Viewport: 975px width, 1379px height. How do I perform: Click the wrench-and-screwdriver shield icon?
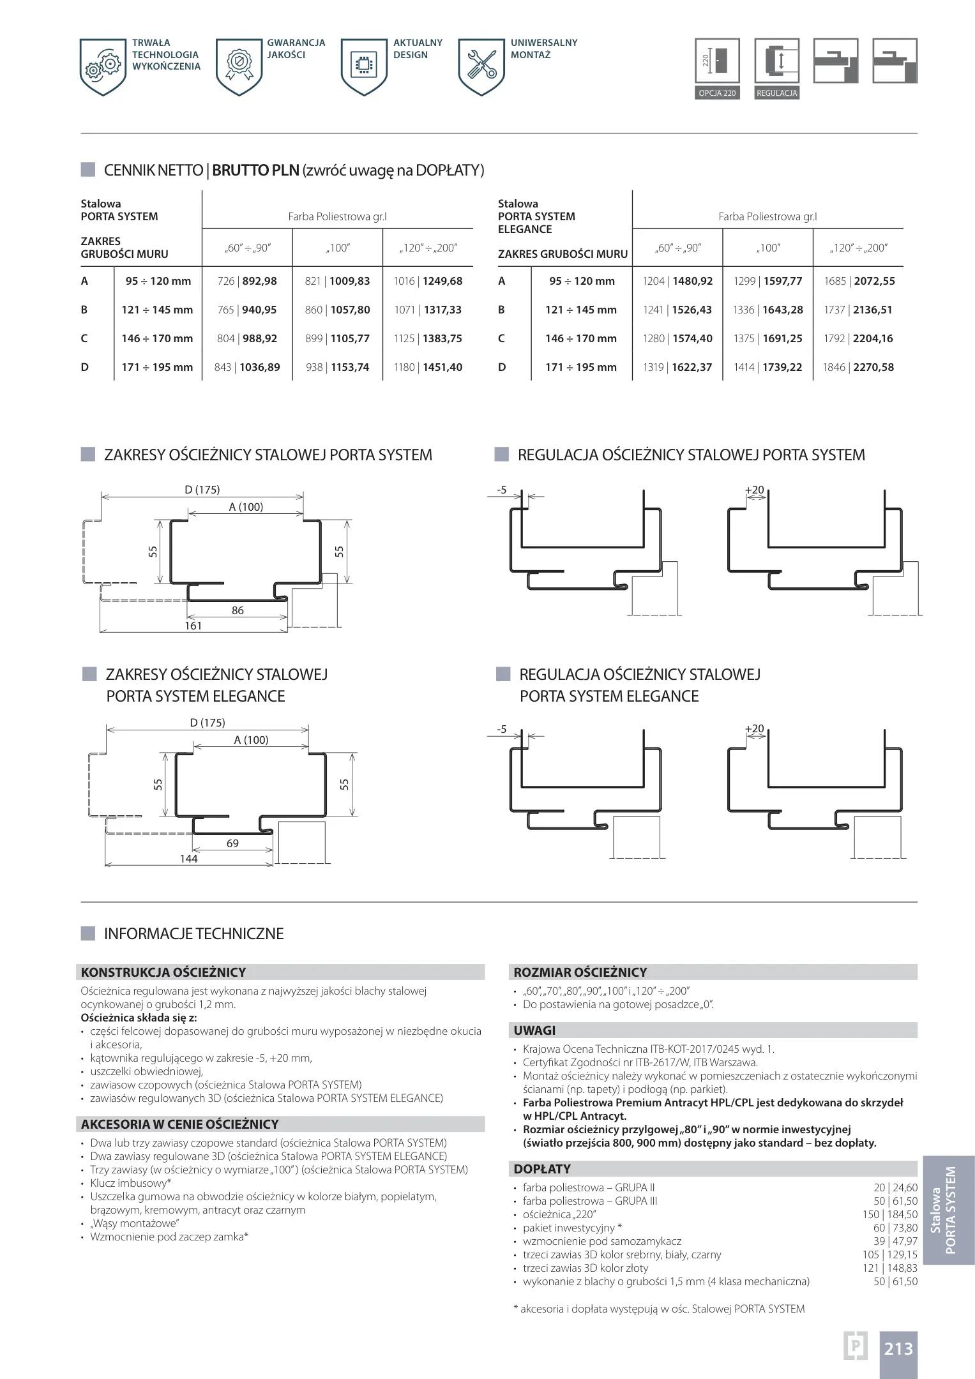click(x=481, y=66)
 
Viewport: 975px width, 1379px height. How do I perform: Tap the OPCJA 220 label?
click(x=717, y=93)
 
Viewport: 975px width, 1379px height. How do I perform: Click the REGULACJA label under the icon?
click(x=776, y=93)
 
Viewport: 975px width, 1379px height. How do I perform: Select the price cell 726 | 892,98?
click(x=247, y=281)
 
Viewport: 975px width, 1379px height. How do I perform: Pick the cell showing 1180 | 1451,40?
click(x=428, y=367)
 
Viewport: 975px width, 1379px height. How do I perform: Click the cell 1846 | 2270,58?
click(x=858, y=367)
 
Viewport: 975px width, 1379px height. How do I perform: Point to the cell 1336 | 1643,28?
click(x=767, y=310)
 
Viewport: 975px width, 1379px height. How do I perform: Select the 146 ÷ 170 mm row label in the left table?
click(x=157, y=338)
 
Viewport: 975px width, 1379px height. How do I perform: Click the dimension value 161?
click(x=193, y=626)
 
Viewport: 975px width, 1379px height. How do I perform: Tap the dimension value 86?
click(x=238, y=610)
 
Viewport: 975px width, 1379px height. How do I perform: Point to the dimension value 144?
click(x=188, y=859)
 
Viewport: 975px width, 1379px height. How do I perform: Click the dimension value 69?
click(x=232, y=843)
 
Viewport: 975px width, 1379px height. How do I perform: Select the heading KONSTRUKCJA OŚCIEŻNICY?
click(x=163, y=972)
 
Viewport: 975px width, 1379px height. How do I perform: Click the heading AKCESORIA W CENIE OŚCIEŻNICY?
click(x=180, y=1124)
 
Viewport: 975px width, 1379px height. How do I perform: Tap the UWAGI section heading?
click(x=534, y=1030)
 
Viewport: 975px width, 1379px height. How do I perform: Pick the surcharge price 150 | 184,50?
click(x=889, y=1214)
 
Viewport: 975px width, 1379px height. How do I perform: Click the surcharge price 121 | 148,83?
click(x=889, y=1268)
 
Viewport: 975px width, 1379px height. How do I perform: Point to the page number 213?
click(x=898, y=1349)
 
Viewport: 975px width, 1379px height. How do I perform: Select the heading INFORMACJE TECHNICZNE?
click(x=193, y=933)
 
